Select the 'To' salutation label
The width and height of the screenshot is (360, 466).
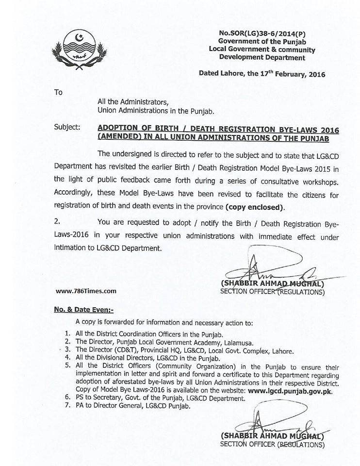click(58, 92)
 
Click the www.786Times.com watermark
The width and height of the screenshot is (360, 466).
click(86, 291)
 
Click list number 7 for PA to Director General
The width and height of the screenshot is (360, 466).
click(67, 406)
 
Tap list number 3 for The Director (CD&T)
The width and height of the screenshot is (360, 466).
click(67, 349)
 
